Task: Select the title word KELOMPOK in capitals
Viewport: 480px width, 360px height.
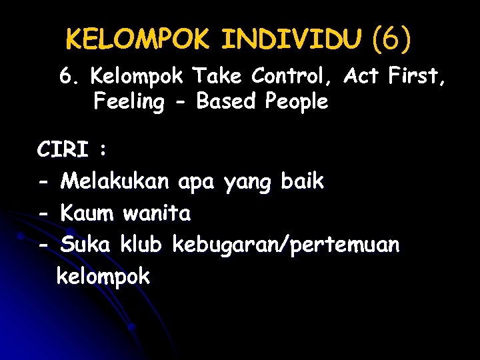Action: pos(138,40)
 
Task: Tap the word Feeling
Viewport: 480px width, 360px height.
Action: pos(129,102)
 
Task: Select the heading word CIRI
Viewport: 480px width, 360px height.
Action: pos(63,150)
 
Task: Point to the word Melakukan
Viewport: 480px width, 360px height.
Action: pos(116,181)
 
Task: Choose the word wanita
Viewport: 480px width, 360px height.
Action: pos(157,213)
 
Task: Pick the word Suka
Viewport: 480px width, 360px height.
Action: pos(87,245)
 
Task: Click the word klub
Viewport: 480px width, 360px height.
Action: pos(141,245)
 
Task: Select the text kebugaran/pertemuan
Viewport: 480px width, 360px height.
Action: pos(286,246)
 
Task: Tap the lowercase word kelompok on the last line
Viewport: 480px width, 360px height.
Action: pos(103,277)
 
